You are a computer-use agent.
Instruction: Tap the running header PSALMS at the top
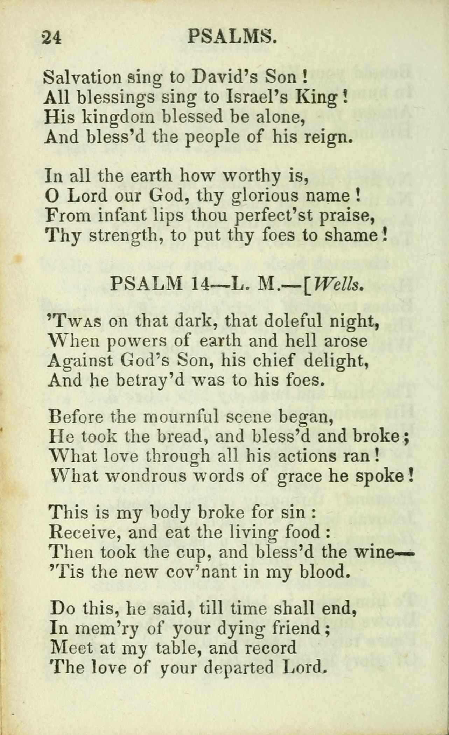click(x=232, y=36)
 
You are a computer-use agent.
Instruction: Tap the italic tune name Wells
click(x=337, y=284)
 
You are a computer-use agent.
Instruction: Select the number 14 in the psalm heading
click(x=201, y=284)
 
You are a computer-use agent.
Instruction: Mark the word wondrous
click(x=146, y=476)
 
